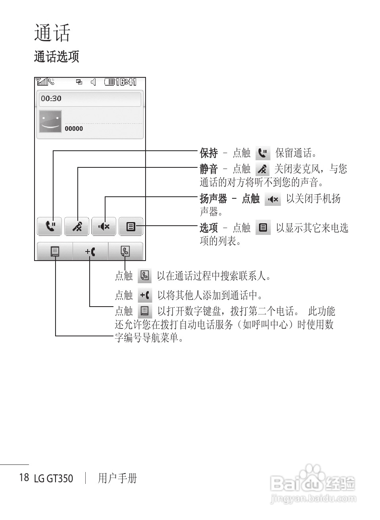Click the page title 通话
point(52,33)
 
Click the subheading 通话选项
point(56,57)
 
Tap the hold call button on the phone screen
point(50,226)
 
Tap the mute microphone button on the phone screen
point(77,226)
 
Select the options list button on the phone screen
point(131,226)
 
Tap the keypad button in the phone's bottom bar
point(55,251)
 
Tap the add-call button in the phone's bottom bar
point(90,251)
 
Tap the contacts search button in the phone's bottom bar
point(125,251)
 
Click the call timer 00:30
point(51,98)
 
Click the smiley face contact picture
point(50,121)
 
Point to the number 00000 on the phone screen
point(74,129)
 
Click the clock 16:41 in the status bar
point(126,82)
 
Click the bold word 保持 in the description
point(209,153)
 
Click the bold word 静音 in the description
point(209,169)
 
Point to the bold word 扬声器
point(213,198)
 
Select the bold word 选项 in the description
point(209,228)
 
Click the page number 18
point(24,477)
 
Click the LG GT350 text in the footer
point(54,478)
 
